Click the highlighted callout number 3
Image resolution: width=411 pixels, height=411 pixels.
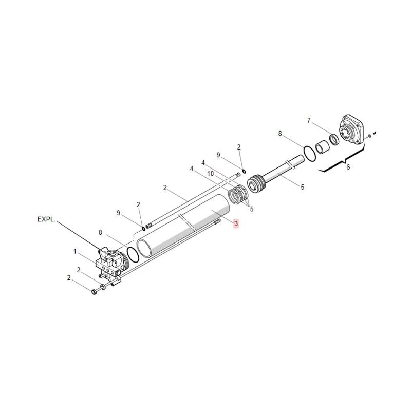(x=236, y=223)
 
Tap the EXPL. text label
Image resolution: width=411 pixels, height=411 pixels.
(x=48, y=219)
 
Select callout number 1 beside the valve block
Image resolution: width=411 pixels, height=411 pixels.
(x=75, y=252)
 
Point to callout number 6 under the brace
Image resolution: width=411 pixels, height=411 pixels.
(x=347, y=167)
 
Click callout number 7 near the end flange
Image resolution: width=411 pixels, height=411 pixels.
(x=309, y=121)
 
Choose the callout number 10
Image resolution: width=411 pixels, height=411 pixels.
(x=211, y=174)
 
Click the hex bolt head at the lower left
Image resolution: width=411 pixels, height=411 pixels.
(x=94, y=292)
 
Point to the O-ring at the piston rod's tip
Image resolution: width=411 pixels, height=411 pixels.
(x=310, y=153)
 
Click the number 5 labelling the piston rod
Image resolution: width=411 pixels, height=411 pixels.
(x=302, y=187)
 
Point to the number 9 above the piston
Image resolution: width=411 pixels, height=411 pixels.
(x=218, y=155)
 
